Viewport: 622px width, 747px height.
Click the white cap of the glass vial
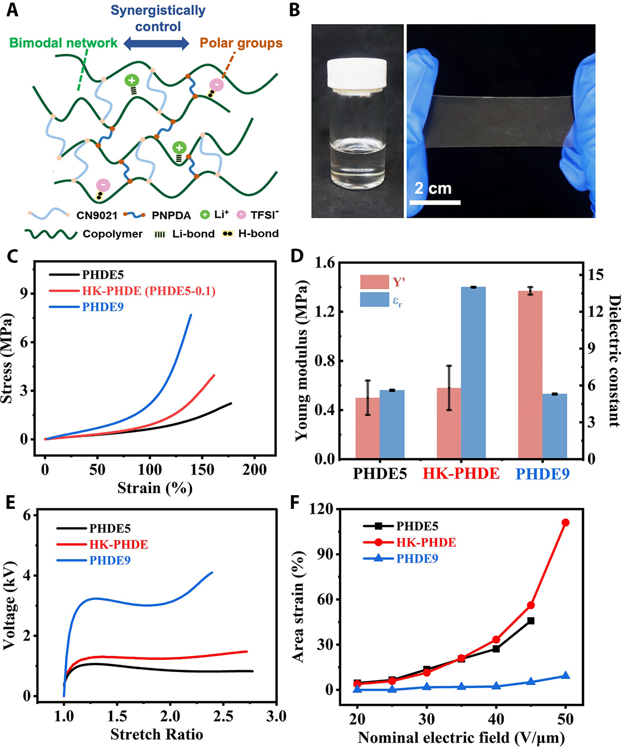[357, 73]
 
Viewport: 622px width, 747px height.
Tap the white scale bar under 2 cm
[435, 202]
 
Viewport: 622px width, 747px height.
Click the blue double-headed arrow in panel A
[156, 44]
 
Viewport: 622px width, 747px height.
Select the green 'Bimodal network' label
[63, 43]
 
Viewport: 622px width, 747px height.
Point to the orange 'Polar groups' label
[241, 43]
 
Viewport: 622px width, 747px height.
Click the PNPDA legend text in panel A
[171, 215]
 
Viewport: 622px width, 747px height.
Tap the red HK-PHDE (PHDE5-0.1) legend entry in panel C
[149, 291]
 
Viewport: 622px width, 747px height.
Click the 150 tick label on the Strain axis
[202, 469]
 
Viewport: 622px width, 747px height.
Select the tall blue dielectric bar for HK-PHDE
[473, 372]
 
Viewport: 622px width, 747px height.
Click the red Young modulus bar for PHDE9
[530, 375]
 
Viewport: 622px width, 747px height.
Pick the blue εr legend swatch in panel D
[374, 300]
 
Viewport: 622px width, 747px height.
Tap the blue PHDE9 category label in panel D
[542, 474]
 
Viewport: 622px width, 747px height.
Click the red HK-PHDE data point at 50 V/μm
[566, 523]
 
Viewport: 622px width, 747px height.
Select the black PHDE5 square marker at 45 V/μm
[531, 621]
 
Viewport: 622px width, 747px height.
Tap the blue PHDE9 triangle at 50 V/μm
[566, 675]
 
